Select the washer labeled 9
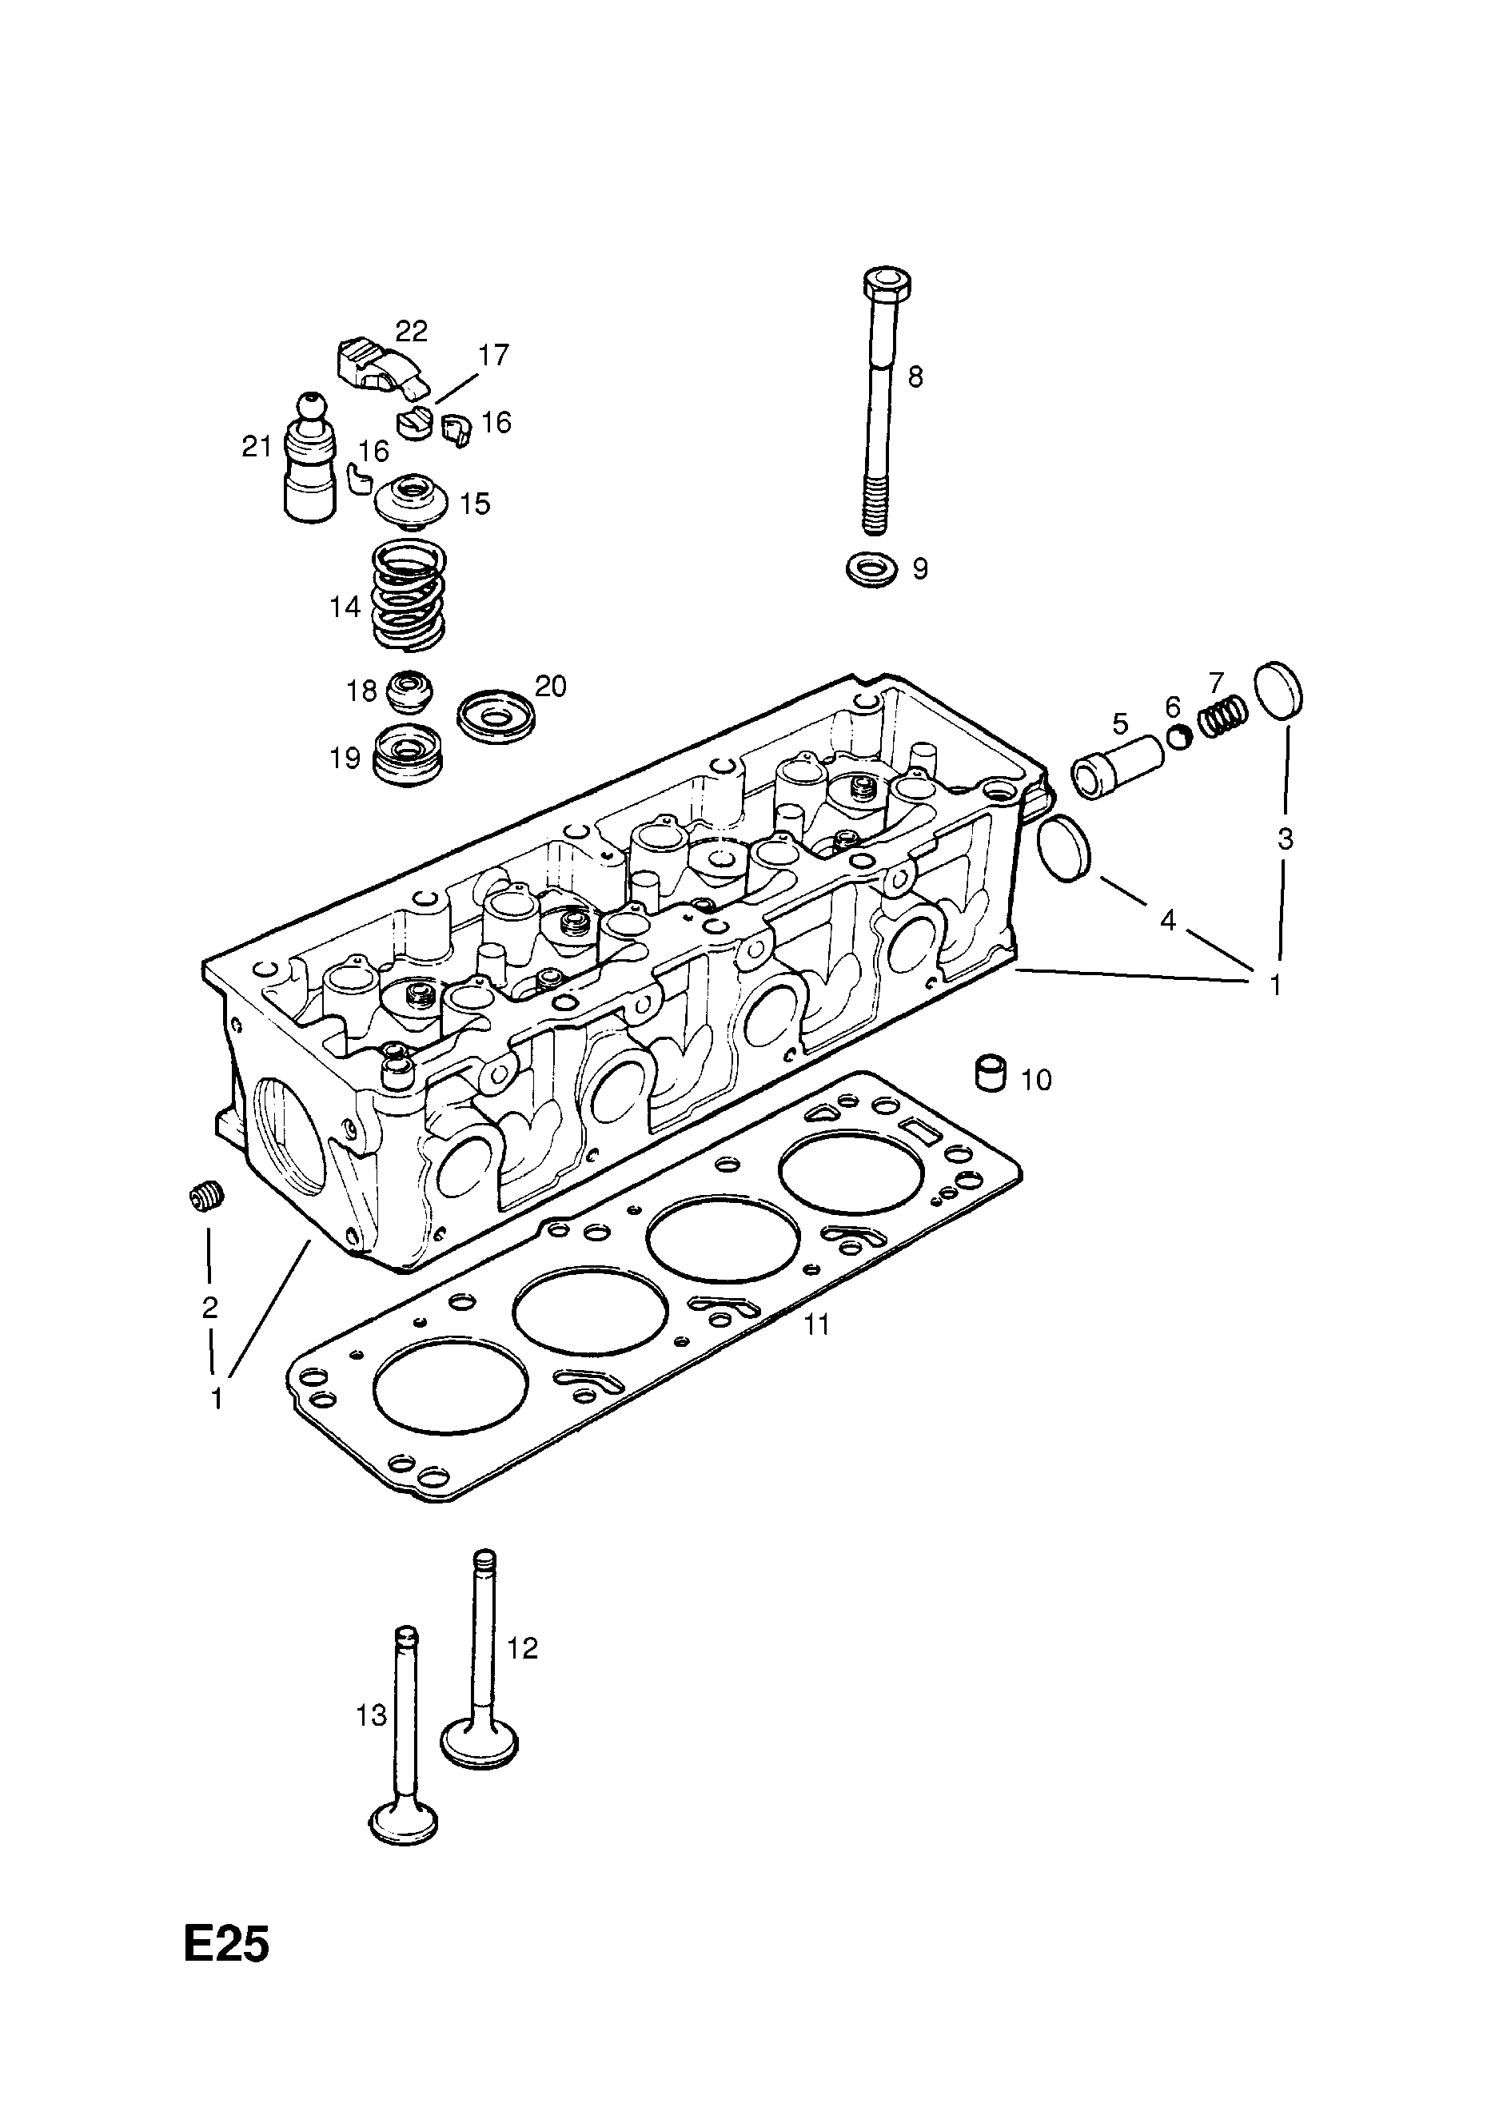point(871,570)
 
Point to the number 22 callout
point(412,331)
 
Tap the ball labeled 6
point(1179,735)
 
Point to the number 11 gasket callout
point(815,1324)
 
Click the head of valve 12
point(479,1743)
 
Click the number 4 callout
point(1167,919)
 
